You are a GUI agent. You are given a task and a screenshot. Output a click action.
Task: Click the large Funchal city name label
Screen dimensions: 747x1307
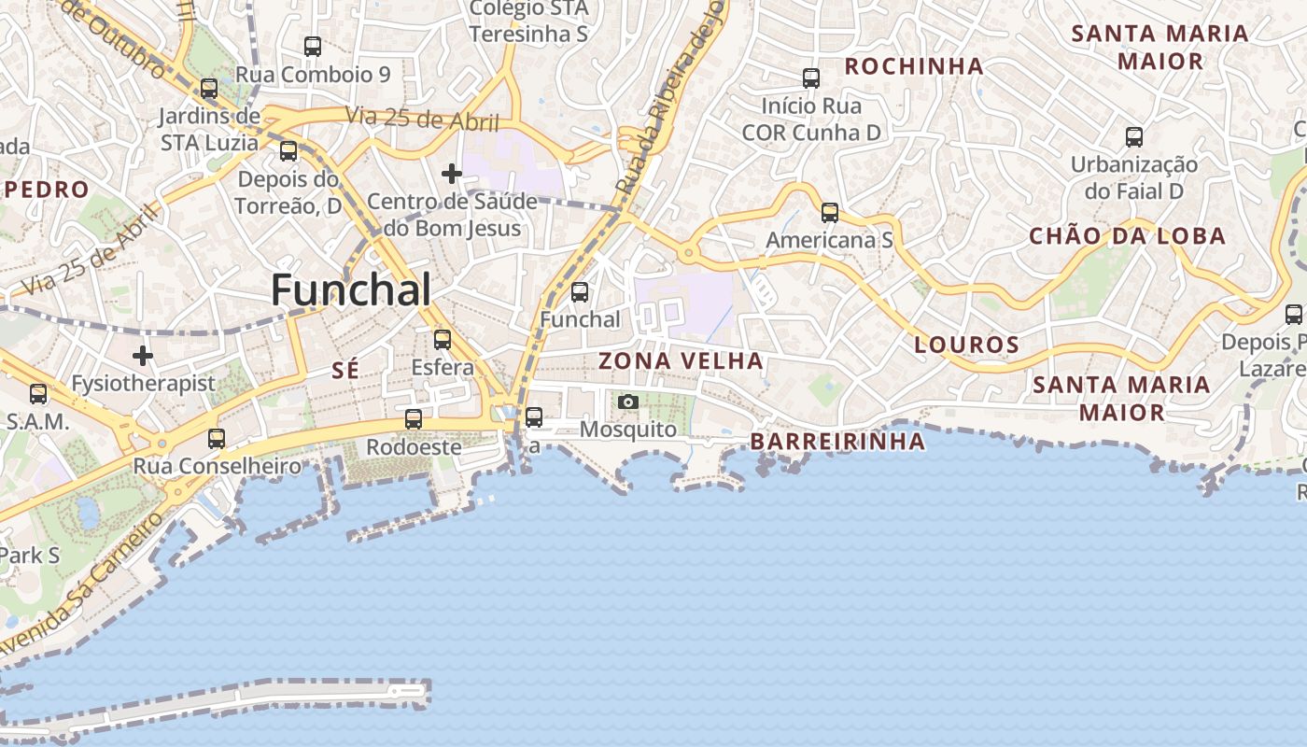click(x=351, y=290)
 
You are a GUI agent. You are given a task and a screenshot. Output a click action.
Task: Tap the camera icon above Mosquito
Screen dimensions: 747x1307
click(x=628, y=402)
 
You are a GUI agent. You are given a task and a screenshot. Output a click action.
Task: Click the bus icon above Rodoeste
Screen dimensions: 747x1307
click(x=414, y=419)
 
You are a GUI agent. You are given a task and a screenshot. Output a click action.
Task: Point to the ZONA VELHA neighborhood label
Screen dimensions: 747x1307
click(x=681, y=360)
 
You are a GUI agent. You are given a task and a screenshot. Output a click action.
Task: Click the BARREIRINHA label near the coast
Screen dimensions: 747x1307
click(x=837, y=441)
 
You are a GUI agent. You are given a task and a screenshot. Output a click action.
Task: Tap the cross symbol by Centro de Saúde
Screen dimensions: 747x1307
click(x=452, y=173)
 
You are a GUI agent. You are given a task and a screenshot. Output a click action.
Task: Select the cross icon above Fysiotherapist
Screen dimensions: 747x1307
click(x=143, y=356)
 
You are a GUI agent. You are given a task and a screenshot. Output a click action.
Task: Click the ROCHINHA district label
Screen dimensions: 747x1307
click(x=914, y=66)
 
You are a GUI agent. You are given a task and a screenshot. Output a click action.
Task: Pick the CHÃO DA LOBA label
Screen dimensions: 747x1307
click(x=1127, y=236)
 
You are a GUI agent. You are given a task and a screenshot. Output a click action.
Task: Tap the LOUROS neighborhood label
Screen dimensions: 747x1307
click(x=966, y=345)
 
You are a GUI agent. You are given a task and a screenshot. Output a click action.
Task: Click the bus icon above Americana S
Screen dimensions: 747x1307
click(x=829, y=213)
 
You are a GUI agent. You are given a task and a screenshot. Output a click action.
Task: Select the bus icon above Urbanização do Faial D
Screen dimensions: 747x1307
click(x=1133, y=137)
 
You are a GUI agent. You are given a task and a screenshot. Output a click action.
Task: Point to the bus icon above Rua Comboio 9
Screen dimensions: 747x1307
click(x=313, y=47)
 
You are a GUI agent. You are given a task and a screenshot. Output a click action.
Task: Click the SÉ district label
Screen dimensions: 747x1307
click(x=344, y=371)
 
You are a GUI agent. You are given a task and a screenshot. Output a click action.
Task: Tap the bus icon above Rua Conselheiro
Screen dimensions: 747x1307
click(x=217, y=438)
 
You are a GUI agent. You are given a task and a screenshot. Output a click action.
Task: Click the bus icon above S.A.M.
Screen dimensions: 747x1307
click(x=38, y=394)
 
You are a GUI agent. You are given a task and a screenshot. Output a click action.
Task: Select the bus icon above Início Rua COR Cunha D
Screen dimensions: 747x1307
click(x=811, y=78)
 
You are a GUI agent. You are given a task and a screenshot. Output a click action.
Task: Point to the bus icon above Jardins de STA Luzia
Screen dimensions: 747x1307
click(x=209, y=89)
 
